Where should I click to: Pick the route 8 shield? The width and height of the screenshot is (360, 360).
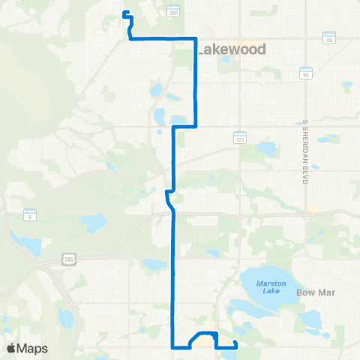point(29,214)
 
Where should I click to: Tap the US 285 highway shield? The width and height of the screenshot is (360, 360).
point(69,259)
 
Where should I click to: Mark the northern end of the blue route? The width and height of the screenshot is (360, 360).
point(124,12)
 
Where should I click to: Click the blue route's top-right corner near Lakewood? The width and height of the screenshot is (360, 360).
point(196,38)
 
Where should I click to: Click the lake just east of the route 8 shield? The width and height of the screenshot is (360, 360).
point(94,222)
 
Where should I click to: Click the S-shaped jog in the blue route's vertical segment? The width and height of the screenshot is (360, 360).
point(169,199)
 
